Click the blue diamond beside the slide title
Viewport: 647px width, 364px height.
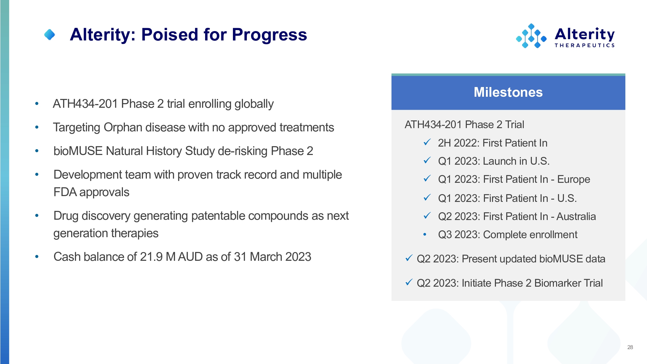(49, 35)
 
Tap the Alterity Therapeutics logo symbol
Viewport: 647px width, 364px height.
(531, 36)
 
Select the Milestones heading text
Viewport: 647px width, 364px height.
(508, 92)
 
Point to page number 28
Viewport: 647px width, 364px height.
(630, 347)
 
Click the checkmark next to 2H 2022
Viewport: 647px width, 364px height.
(427, 142)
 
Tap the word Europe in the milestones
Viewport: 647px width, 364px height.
(574, 179)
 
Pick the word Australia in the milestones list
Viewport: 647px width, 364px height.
(576, 216)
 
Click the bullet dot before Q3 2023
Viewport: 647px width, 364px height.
(425, 234)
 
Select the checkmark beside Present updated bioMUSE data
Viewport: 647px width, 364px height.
(409, 258)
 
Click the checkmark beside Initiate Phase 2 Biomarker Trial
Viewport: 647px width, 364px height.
(409, 282)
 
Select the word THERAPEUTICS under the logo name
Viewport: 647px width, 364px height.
(585, 45)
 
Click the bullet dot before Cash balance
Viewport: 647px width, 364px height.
(37, 257)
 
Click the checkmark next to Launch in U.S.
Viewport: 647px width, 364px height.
(427, 160)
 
